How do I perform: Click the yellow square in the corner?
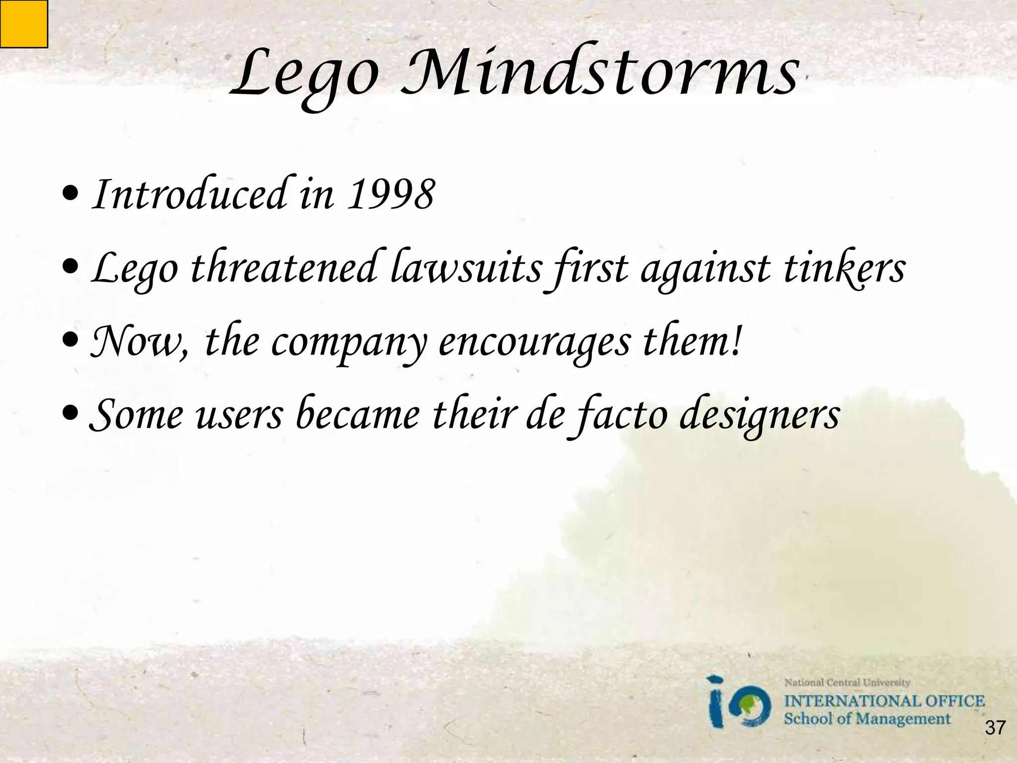tap(23, 23)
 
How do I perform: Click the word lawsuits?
tap(466, 268)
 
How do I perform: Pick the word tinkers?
tap(844, 268)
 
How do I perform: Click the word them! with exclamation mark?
tap(693, 342)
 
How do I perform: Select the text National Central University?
tap(847, 683)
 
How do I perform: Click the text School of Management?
tap(867, 719)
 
